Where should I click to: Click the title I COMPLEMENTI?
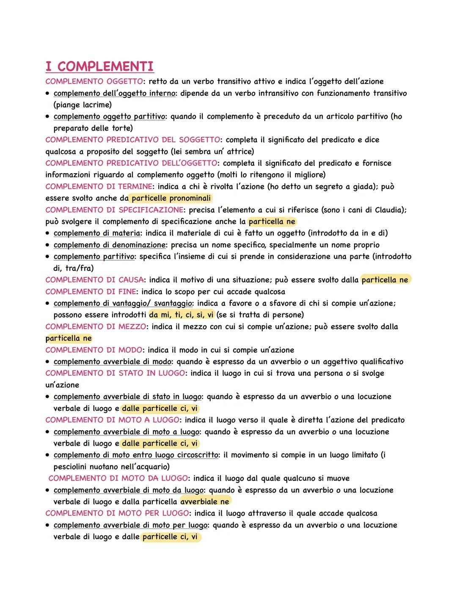click(x=99, y=66)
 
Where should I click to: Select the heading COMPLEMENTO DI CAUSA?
click(x=94, y=280)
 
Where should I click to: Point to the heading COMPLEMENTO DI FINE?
click(x=91, y=291)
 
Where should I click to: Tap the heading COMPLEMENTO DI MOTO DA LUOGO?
click(x=118, y=478)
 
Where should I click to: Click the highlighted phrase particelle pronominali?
click(x=171, y=198)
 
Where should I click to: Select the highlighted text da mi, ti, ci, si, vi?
click(x=182, y=315)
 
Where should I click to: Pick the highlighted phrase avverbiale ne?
click(x=205, y=501)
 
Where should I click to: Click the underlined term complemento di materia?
click(x=97, y=233)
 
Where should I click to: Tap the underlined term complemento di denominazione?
click(x=110, y=245)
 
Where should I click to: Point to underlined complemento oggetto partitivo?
click(x=109, y=116)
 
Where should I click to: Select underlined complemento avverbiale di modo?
click(x=113, y=362)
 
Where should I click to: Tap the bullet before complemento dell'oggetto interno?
click(x=49, y=93)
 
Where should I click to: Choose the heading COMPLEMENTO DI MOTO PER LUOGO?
click(x=117, y=513)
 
